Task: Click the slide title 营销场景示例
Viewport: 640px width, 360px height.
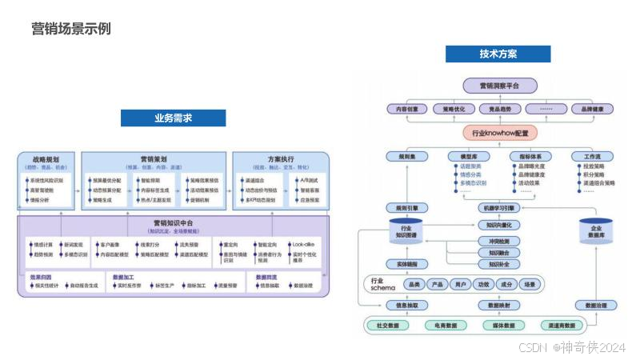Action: point(70,29)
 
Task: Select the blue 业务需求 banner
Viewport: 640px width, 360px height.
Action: point(173,118)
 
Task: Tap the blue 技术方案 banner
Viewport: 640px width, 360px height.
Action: point(498,54)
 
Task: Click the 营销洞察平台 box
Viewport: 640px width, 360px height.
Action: point(499,86)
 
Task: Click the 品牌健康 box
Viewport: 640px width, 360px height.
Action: point(597,109)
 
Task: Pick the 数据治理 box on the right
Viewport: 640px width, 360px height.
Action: point(600,306)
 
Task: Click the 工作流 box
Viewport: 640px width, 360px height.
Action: point(593,156)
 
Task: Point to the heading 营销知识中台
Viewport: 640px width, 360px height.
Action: point(172,222)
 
